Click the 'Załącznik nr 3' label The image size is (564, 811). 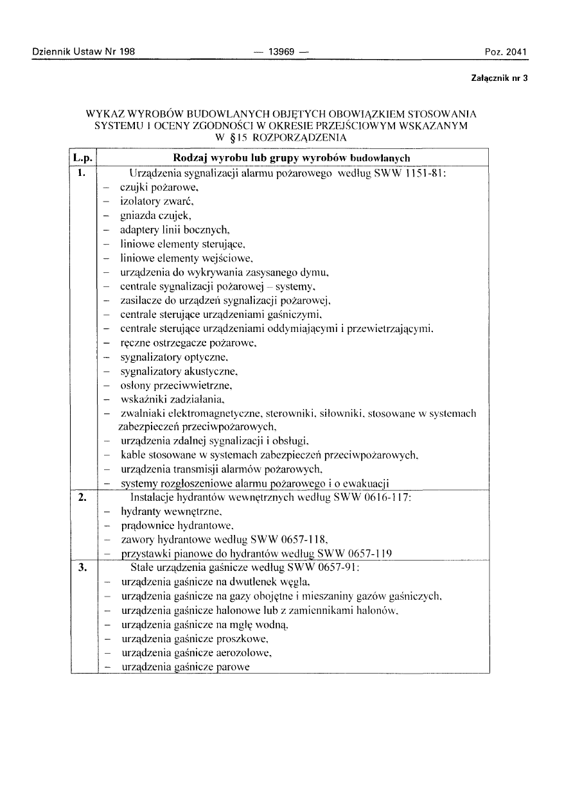tap(499, 78)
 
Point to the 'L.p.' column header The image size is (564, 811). tap(83, 158)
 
